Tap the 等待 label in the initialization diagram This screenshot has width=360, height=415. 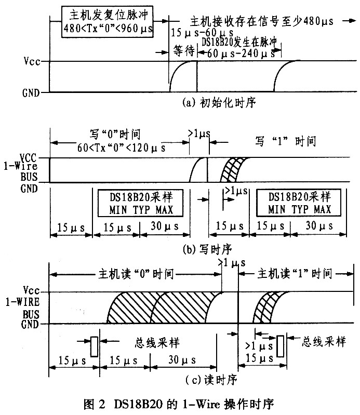pyautogui.click(x=183, y=51)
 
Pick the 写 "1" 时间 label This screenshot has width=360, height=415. pyautogui.click(x=287, y=140)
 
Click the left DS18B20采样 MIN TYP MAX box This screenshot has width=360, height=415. pyautogui.click(x=141, y=203)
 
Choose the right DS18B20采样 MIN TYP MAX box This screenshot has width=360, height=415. pyautogui.click(x=299, y=203)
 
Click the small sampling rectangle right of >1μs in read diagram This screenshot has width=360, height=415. pyautogui.click(x=281, y=345)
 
